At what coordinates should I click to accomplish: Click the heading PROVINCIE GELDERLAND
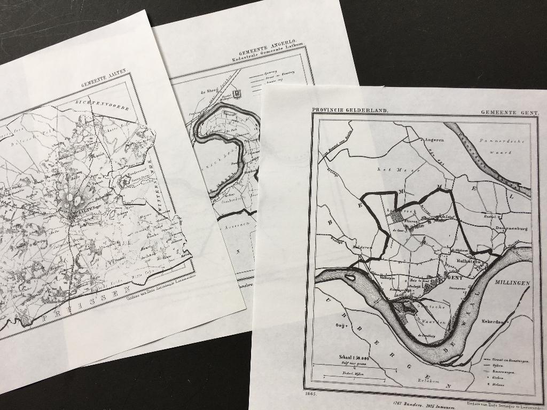tap(350, 111)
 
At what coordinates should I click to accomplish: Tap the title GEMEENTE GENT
tap(510, 113)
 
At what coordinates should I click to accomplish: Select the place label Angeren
tap(434, 140)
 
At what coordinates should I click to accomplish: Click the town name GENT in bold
tap(455, 278)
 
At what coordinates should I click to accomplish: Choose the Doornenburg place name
tap(511, 228)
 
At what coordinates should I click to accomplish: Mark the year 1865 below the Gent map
tap(311, 394)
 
